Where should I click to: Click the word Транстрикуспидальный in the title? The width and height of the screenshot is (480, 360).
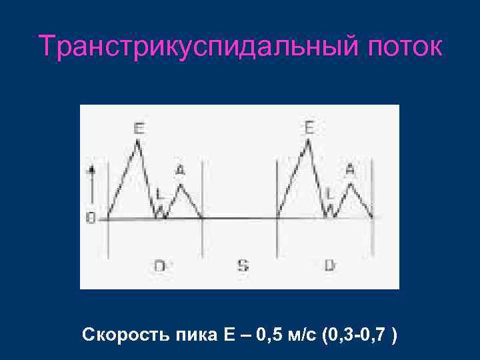click(181, 47)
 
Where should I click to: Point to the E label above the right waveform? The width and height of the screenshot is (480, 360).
click(309, 127)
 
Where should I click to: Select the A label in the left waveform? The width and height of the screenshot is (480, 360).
click(180, 171)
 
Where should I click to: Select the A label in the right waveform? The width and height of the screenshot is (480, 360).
click(351, 171)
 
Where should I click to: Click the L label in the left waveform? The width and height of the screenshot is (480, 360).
click(159, 194)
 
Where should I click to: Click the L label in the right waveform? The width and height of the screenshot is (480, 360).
click(329, 194)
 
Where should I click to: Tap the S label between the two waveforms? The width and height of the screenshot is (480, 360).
click(243, 265)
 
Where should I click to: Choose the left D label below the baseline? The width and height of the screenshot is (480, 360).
click(160, 265)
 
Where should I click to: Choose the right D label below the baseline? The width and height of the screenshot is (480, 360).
click(329, 265)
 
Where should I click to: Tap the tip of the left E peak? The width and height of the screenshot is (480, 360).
click(138, 142)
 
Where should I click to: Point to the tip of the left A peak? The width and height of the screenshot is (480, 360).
click(180, 184)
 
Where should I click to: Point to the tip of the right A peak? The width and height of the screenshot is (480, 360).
click(351, 183)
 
